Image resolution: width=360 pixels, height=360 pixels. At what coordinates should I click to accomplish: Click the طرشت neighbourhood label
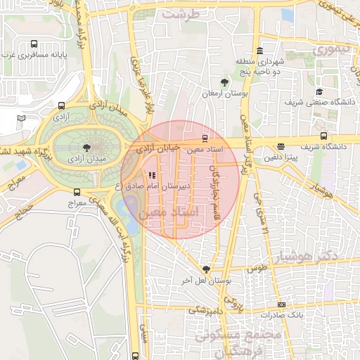(180, 13)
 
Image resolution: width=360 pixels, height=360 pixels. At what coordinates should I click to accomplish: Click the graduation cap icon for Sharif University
(319, 92)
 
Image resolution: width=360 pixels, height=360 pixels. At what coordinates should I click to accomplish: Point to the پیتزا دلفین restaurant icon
(281, 147)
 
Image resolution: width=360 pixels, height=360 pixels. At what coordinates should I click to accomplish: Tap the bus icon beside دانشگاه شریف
(323, 136)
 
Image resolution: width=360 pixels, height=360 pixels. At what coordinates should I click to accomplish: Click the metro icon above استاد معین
(205, 138)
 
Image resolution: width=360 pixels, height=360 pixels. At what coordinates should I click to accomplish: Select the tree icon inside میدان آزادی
(86, 148)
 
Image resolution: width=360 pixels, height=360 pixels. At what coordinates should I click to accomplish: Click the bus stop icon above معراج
(77, 192)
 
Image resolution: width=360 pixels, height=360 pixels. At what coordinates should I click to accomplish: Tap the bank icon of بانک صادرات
(282, 304)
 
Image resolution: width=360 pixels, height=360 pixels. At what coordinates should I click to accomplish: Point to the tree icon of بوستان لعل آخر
(206, 269)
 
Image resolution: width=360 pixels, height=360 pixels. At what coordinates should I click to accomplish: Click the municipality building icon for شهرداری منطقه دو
(259, 51)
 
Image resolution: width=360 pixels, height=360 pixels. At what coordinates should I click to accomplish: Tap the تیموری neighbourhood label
(330, 50)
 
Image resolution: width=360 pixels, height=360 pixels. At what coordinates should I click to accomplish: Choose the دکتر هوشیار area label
(308, 255)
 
